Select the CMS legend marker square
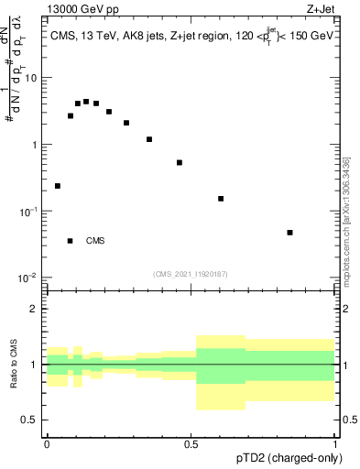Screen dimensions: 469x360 pyautogui.click(x=70, y=241)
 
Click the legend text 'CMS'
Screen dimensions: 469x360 pyautogui.click(x=95, y=241)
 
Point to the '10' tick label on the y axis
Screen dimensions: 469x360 pyautogui.click(x=32, y=78)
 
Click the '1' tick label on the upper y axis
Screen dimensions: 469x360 pyautogui.click(x=36, y=145)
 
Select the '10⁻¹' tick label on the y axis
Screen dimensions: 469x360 pyautogui.click(x=30, y=211)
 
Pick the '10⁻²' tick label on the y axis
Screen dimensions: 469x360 pyautogui.click(x=30, y=278)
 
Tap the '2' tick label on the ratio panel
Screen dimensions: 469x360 pyautogui.click(x=36, y=309)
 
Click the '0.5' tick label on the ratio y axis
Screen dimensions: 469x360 pyautogui.click(x=30, y=420)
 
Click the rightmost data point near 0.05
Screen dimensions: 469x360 pyautogui.click(x=289, y=233)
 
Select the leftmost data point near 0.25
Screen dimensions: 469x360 pyautogui.click(x=58, y=186)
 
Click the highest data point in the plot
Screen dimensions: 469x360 pyautogui.click(x=86, y=102)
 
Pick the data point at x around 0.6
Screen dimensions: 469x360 pyautogui.click(x=221, y=199)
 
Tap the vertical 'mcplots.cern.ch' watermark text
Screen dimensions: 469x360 pyautogui.click(x=346, y=220)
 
